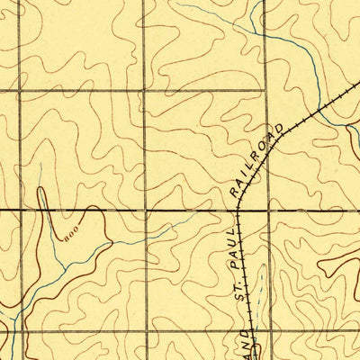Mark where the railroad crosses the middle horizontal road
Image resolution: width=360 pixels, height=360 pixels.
[238, 211]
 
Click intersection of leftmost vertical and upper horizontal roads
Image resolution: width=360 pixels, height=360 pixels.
[20, 91]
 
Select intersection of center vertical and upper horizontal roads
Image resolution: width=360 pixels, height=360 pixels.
[144, 91]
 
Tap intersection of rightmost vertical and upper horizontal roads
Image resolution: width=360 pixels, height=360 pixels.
[266, 91]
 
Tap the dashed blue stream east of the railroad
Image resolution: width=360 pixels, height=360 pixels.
[260, 288]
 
